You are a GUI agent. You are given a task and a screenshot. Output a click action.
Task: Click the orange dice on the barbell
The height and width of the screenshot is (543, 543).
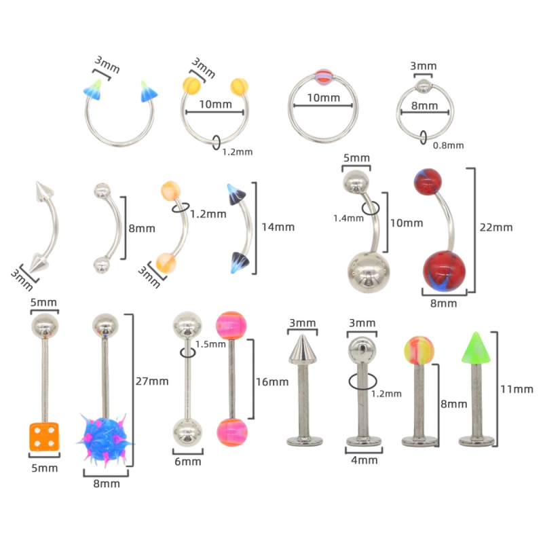[44, 436]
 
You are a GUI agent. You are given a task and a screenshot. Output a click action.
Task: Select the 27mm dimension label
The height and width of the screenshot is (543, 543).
[152, 381]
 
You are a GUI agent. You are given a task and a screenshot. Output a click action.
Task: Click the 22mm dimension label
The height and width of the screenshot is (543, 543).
[496, 227]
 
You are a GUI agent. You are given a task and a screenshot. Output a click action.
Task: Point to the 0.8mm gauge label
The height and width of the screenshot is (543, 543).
[448, 145]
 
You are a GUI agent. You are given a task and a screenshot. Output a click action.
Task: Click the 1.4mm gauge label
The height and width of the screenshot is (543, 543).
[348, 218]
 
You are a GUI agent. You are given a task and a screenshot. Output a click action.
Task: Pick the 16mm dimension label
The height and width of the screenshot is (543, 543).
[272, 382]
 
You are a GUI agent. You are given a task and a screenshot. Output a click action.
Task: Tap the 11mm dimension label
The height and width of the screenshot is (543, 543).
[517, 389]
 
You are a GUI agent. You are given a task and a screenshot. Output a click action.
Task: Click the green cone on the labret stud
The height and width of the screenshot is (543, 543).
[476, 348]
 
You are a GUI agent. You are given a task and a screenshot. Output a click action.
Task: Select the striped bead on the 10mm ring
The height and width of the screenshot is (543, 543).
[324, 77]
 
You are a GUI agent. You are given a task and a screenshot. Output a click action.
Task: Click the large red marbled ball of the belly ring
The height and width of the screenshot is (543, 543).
[444, 271]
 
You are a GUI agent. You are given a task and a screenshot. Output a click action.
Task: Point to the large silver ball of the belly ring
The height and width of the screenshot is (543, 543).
[369, 273]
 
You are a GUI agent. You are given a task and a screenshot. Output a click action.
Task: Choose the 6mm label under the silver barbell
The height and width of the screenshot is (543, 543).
[188, 462]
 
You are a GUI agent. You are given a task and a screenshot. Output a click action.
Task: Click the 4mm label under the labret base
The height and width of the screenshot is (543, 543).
[364, 460]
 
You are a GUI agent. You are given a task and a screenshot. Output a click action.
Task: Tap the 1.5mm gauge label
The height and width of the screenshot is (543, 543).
[210, 344]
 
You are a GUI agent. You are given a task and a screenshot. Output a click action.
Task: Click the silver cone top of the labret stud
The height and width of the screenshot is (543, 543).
[303, 349]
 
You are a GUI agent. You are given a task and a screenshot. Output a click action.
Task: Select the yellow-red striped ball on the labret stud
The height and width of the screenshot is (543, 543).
[419, 350]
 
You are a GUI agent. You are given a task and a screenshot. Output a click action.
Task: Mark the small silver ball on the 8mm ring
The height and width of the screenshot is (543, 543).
[423, 86]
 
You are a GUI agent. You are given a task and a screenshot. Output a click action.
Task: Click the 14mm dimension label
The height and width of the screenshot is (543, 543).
[278, 227]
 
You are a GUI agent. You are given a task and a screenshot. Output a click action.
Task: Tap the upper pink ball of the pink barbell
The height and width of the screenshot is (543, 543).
[231, 326]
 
